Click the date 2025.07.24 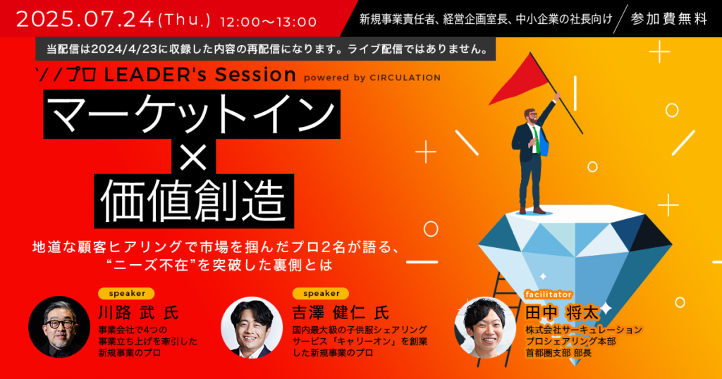point(85,19)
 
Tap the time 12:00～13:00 point(269,22)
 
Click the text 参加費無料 point(669,19)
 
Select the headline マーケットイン point(192,114)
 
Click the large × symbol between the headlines point(194,156)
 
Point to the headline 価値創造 point(194,201)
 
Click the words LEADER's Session point(200,75)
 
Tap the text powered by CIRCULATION point(372,77)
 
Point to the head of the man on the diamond point(531,117)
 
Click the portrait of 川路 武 point(59,327)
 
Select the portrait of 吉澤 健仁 point(252,327)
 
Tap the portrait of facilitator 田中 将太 point(485,328)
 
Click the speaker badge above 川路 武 point(127,294)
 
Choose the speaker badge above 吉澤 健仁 point(321,294)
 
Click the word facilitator point(548,294)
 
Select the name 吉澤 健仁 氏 point(341,313)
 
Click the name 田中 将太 point(562,313)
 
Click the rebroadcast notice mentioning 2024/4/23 point(266,49)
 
